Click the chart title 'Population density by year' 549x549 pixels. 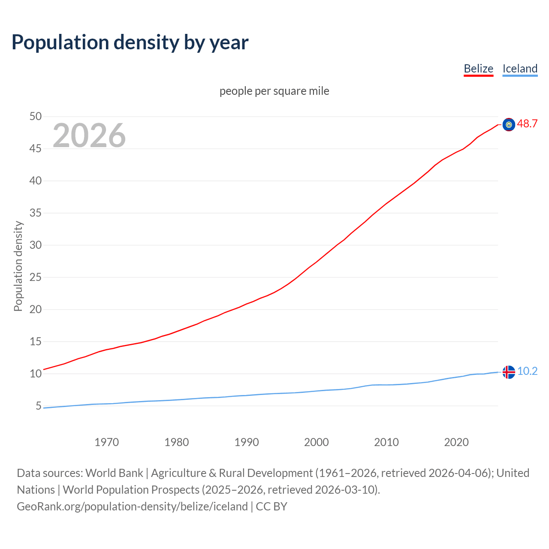tap(130, 42)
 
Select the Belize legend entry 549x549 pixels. tap(478, 69)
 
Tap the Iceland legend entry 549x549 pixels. tap(520, 69)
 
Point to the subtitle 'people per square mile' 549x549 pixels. tap(274, 91)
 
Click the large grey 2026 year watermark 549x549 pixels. tap(89, 136)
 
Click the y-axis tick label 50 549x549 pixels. tap(36, 116)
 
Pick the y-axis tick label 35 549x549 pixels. tap(36, 213)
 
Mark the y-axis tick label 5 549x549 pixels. tap(39, 406)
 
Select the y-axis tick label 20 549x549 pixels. tap(36, 309)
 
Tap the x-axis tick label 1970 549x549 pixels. tap(106, 442)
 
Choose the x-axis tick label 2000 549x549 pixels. tap(316, 442)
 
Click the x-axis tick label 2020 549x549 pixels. tap(456, 442)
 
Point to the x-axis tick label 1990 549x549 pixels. tap(246, 442)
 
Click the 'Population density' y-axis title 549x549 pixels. tap(18, 266)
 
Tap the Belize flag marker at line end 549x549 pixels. tap(509, 125)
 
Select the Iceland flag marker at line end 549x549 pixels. tap(509, 372)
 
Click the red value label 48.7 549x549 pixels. tap(527, 124)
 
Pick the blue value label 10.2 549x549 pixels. tap(527, 371)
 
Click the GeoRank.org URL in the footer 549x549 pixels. tap(132, 507)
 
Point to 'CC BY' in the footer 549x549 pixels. tap(271, 507)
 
